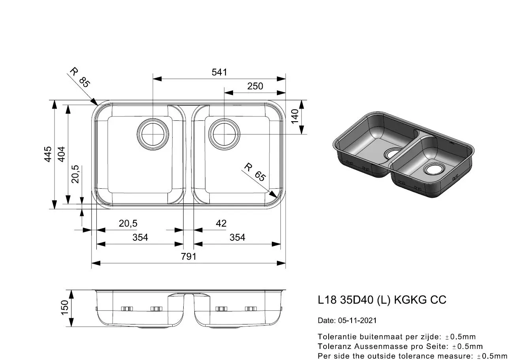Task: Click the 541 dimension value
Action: coord(219,72)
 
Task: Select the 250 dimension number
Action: coord(255,86)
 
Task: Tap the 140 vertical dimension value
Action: coord(295,116)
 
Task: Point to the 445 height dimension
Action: coord(48,154)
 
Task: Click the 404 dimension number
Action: coord(62,154)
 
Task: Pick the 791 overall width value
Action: coord(188,257)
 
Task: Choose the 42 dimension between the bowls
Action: coord(221,223)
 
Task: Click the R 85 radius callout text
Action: coord(80,77)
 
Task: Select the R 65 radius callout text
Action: coord(255,172)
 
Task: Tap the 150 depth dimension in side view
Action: coord(65,307)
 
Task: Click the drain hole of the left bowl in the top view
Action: coord(153,134)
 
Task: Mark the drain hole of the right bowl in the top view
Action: coord(224,134)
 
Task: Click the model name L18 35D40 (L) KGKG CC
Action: coord(382,300)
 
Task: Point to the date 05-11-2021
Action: coord(357,321)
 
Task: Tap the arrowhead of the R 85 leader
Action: coord(95,102)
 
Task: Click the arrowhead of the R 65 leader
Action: coord(273,195)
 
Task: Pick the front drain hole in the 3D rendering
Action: coord(434,169)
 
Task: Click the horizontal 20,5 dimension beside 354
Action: coord(128,223)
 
